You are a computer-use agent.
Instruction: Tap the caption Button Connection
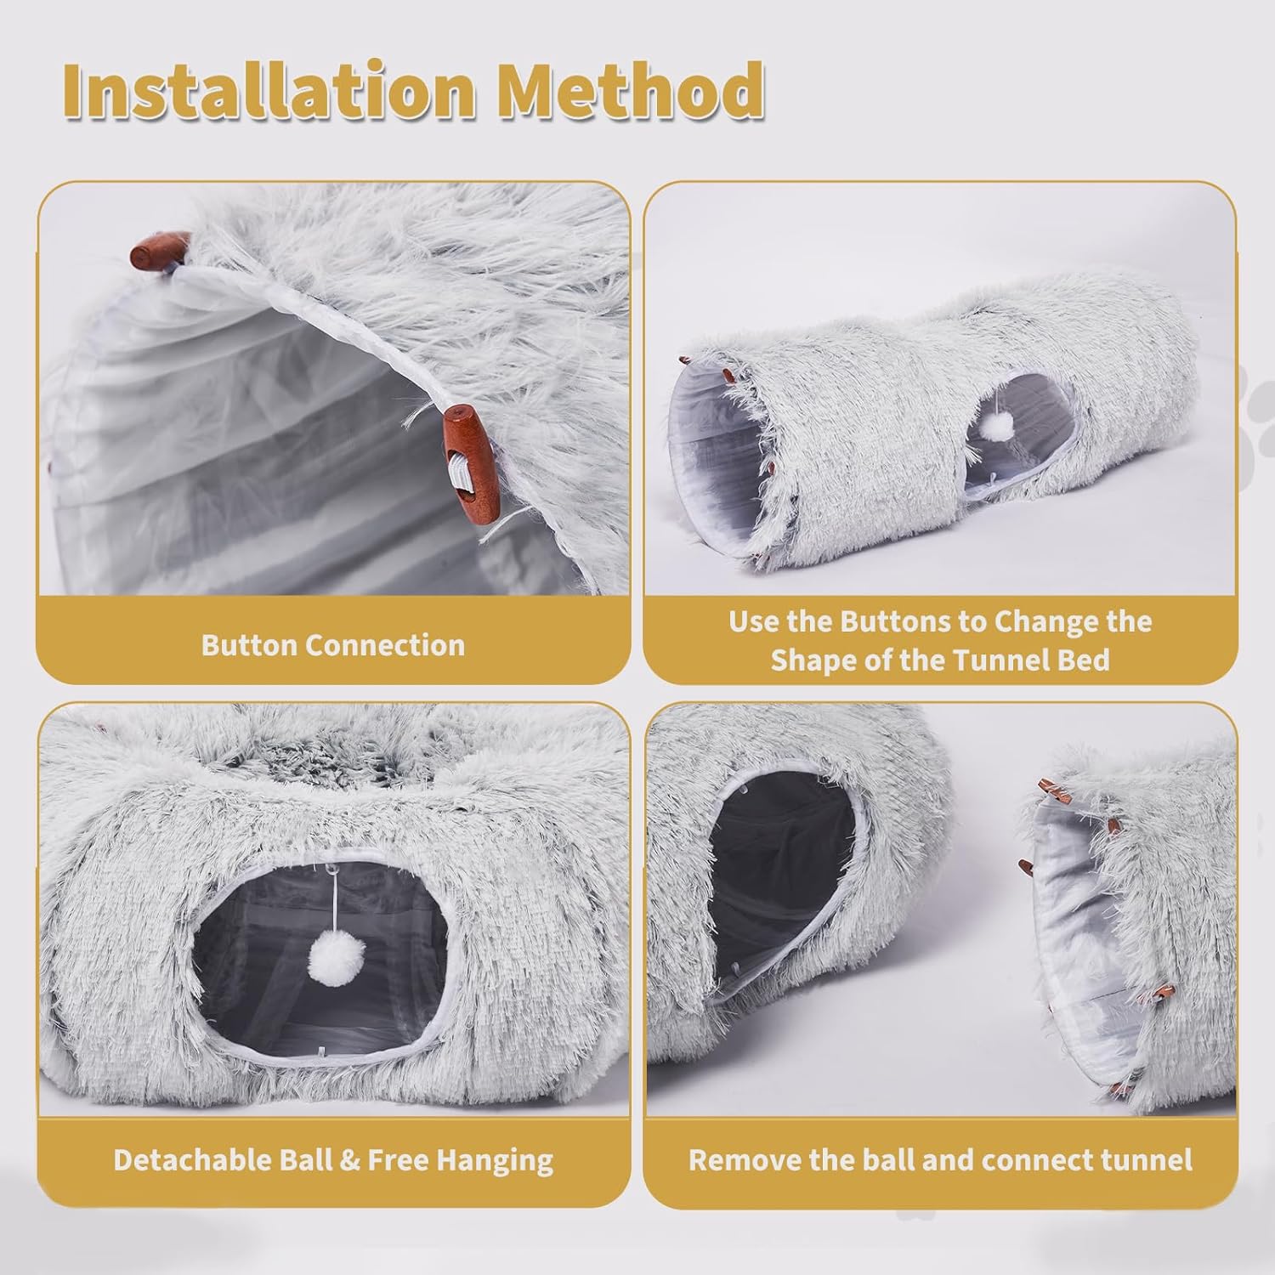click(x=333, y=645)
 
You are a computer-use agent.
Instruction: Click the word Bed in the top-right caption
click(x=1084, y=660)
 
